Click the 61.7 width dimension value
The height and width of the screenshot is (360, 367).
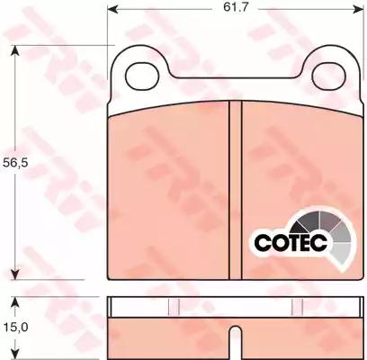[236, 7]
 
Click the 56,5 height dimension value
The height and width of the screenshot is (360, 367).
[15, 163]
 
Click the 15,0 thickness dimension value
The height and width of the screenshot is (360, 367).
[15, 327]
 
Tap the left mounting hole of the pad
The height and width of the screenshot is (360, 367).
[142, 76]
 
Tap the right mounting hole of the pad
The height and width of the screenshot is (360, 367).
[328, 76]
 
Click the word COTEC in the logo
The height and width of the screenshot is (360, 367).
[291, 242]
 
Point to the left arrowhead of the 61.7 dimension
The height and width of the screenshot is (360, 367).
[112, 9]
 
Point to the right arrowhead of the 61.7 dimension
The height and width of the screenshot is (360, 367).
[358, 9]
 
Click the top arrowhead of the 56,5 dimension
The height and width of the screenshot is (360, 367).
[15, 50]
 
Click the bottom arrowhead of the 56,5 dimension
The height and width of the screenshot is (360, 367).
[15, 274]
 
